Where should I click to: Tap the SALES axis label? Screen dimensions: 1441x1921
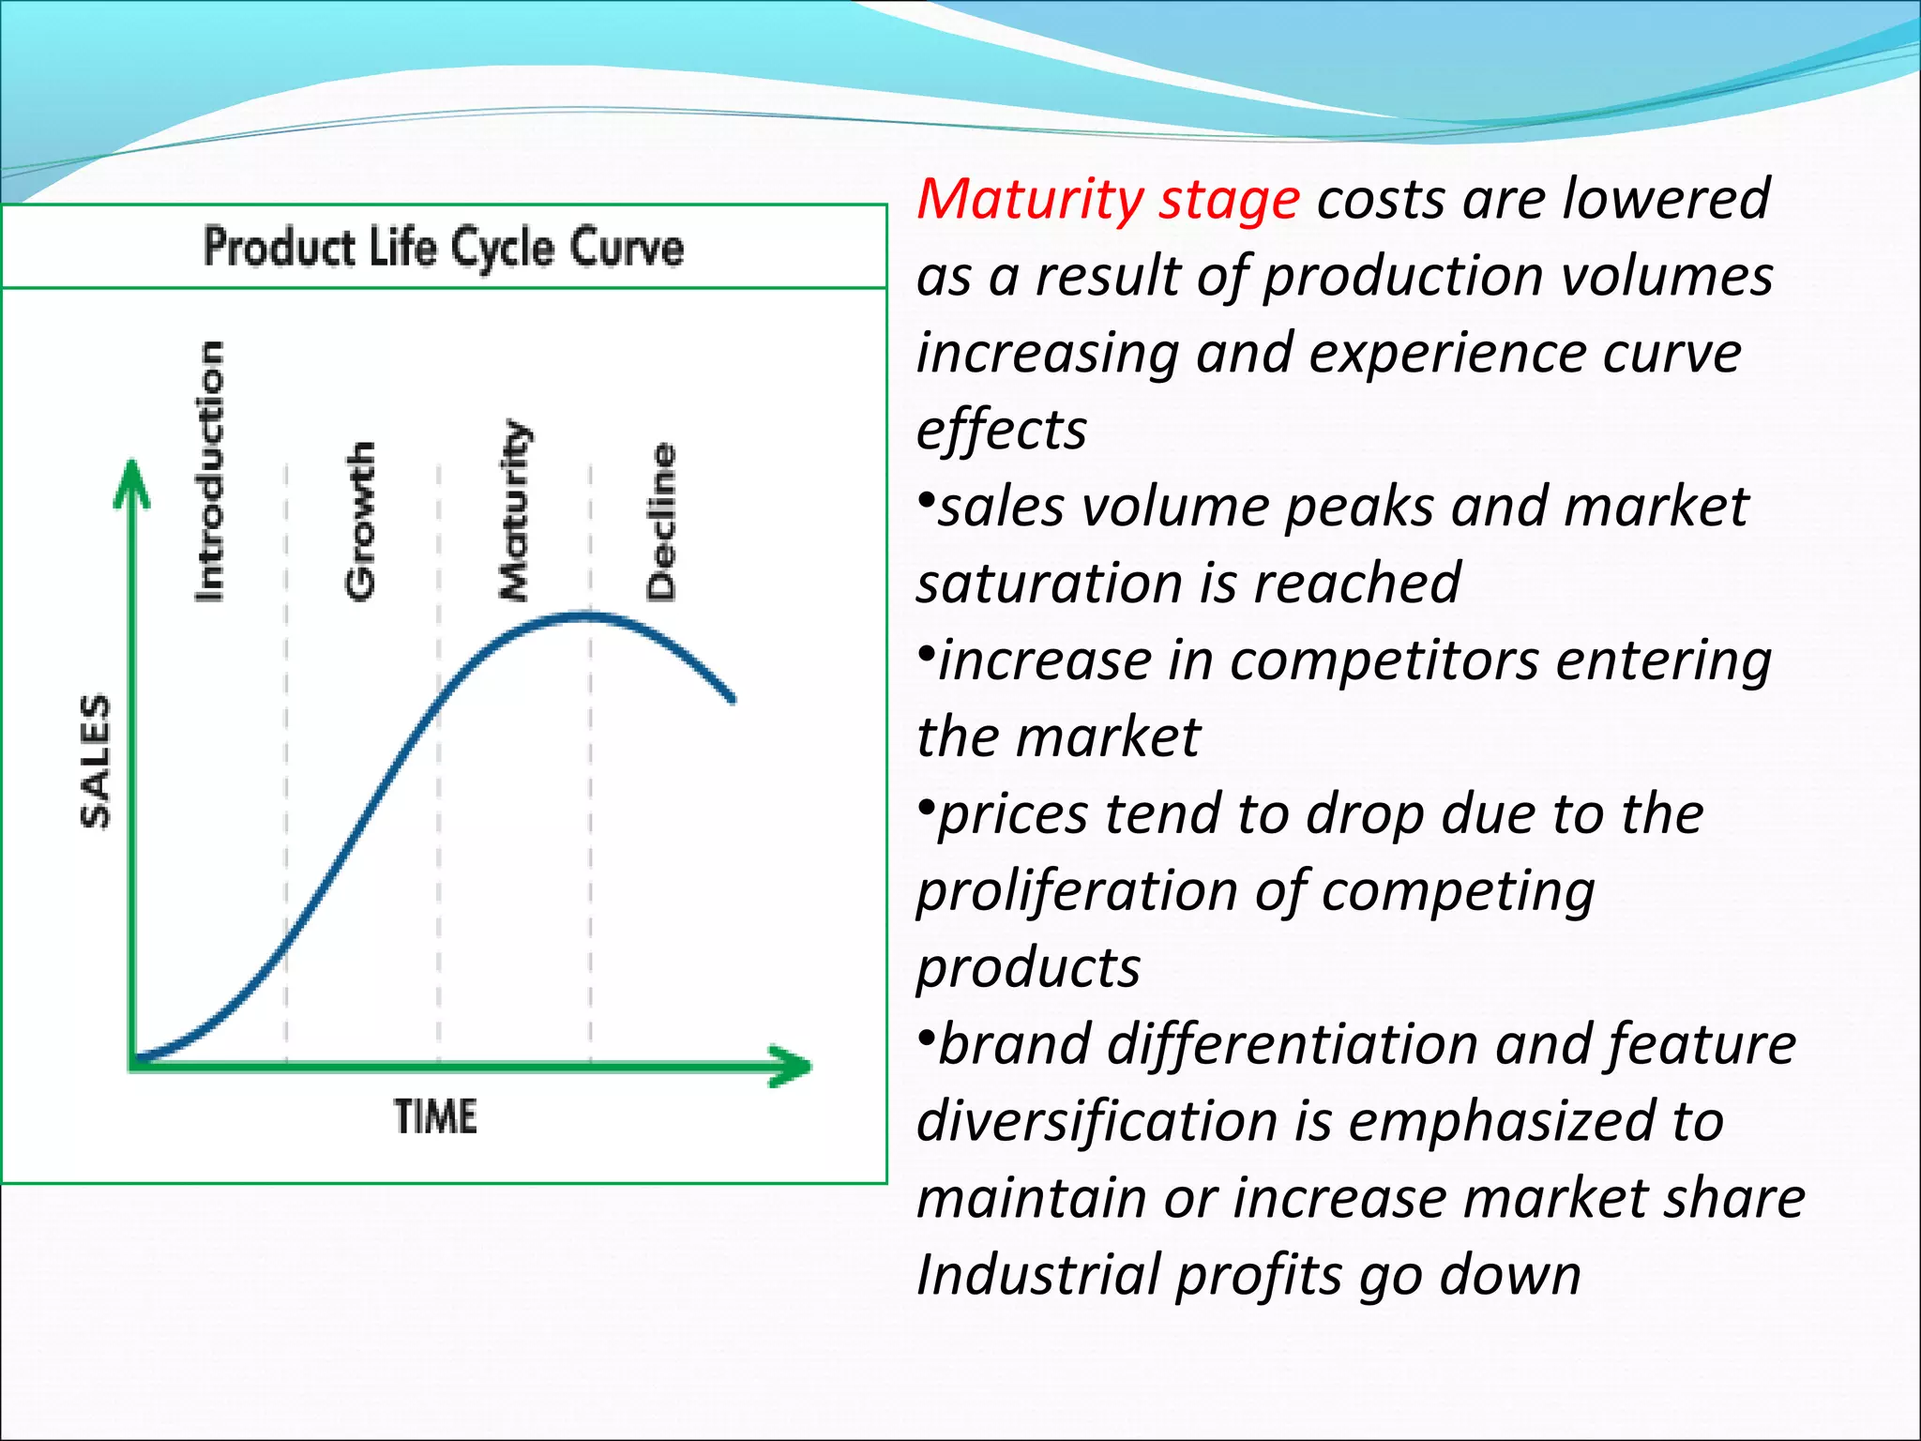96,761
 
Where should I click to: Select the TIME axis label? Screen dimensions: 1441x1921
435,1116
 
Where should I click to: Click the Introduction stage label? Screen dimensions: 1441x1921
210,471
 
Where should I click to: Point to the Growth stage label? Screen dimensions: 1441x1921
361,521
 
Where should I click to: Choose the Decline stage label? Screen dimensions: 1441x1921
661,522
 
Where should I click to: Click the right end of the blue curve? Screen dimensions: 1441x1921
732,698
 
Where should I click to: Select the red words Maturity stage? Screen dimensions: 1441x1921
1108,200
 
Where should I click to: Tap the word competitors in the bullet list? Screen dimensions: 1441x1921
1384,660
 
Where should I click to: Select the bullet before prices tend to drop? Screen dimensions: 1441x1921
926,806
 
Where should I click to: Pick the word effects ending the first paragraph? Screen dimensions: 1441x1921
1001,430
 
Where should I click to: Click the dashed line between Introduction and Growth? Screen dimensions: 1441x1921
286,751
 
